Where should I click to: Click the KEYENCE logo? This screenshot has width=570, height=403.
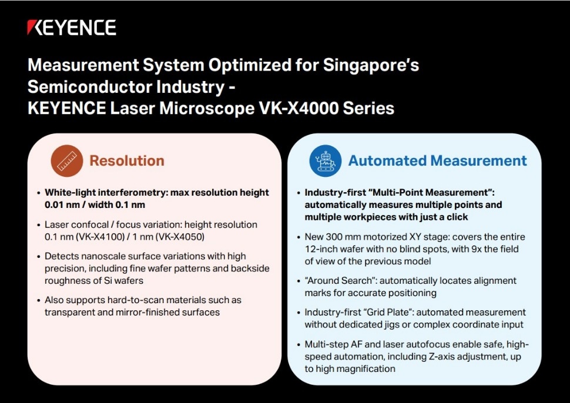click(72, 28)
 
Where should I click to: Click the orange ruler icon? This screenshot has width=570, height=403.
click(67, 161)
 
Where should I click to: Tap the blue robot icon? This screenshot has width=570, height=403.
click(326, 161)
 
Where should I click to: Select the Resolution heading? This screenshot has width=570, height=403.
click(127, 160)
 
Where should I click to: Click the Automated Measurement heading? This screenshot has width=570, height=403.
click(438, 160)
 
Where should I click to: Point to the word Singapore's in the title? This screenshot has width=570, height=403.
click(371, 66)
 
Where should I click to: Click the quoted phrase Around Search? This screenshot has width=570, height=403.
click(340, 281)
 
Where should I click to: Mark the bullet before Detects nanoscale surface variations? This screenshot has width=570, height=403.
click(39, 257)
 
